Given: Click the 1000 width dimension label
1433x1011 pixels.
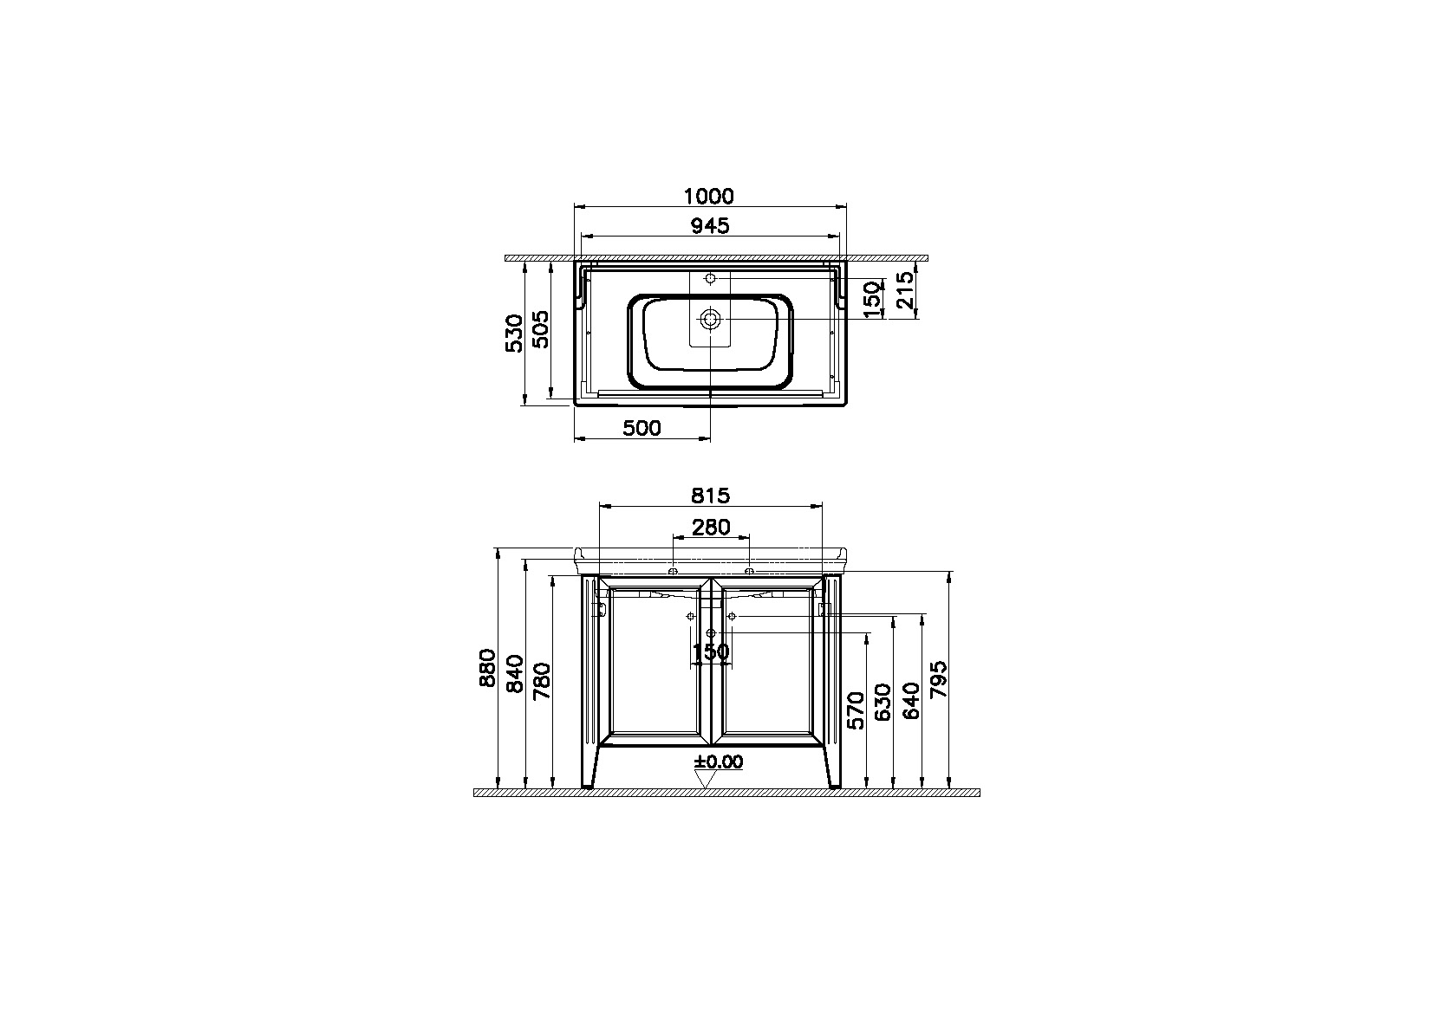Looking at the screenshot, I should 710,197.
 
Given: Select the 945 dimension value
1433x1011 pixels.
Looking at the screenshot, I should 710,226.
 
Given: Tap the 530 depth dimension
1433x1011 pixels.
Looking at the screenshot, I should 513,334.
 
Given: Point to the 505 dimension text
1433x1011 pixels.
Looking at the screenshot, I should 539,328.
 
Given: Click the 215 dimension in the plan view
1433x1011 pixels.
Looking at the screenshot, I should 904,291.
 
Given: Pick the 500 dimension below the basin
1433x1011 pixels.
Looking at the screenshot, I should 642,428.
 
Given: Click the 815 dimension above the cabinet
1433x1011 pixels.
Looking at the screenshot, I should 710,496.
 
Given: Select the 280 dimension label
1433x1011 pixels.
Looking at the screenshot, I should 710,527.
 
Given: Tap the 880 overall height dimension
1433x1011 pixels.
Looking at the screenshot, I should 486,668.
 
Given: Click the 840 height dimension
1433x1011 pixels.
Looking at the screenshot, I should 513,673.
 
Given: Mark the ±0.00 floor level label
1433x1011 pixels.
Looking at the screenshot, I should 719,762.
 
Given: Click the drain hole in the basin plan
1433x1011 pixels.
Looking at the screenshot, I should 710,320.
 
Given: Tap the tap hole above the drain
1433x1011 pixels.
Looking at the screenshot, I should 710,279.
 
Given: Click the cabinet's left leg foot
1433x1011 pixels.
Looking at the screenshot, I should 589,784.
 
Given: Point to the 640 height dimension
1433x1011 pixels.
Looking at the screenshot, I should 910,701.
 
